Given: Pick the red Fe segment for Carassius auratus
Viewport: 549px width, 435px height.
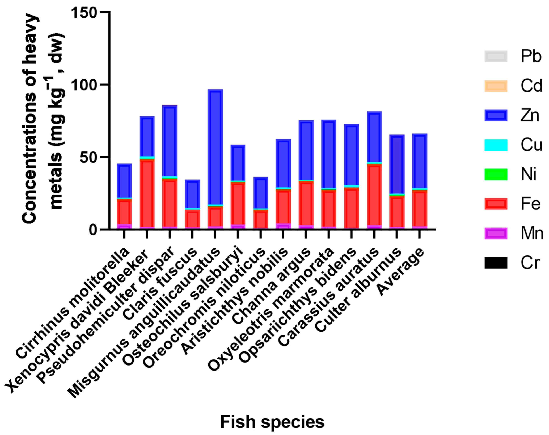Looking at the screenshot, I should pos(374,195).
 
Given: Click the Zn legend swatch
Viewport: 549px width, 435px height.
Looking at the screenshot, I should pos(495,115).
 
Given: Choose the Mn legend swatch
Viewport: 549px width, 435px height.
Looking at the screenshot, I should pos(495,233).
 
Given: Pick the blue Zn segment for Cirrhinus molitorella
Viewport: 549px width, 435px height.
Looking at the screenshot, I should pos(124,181).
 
